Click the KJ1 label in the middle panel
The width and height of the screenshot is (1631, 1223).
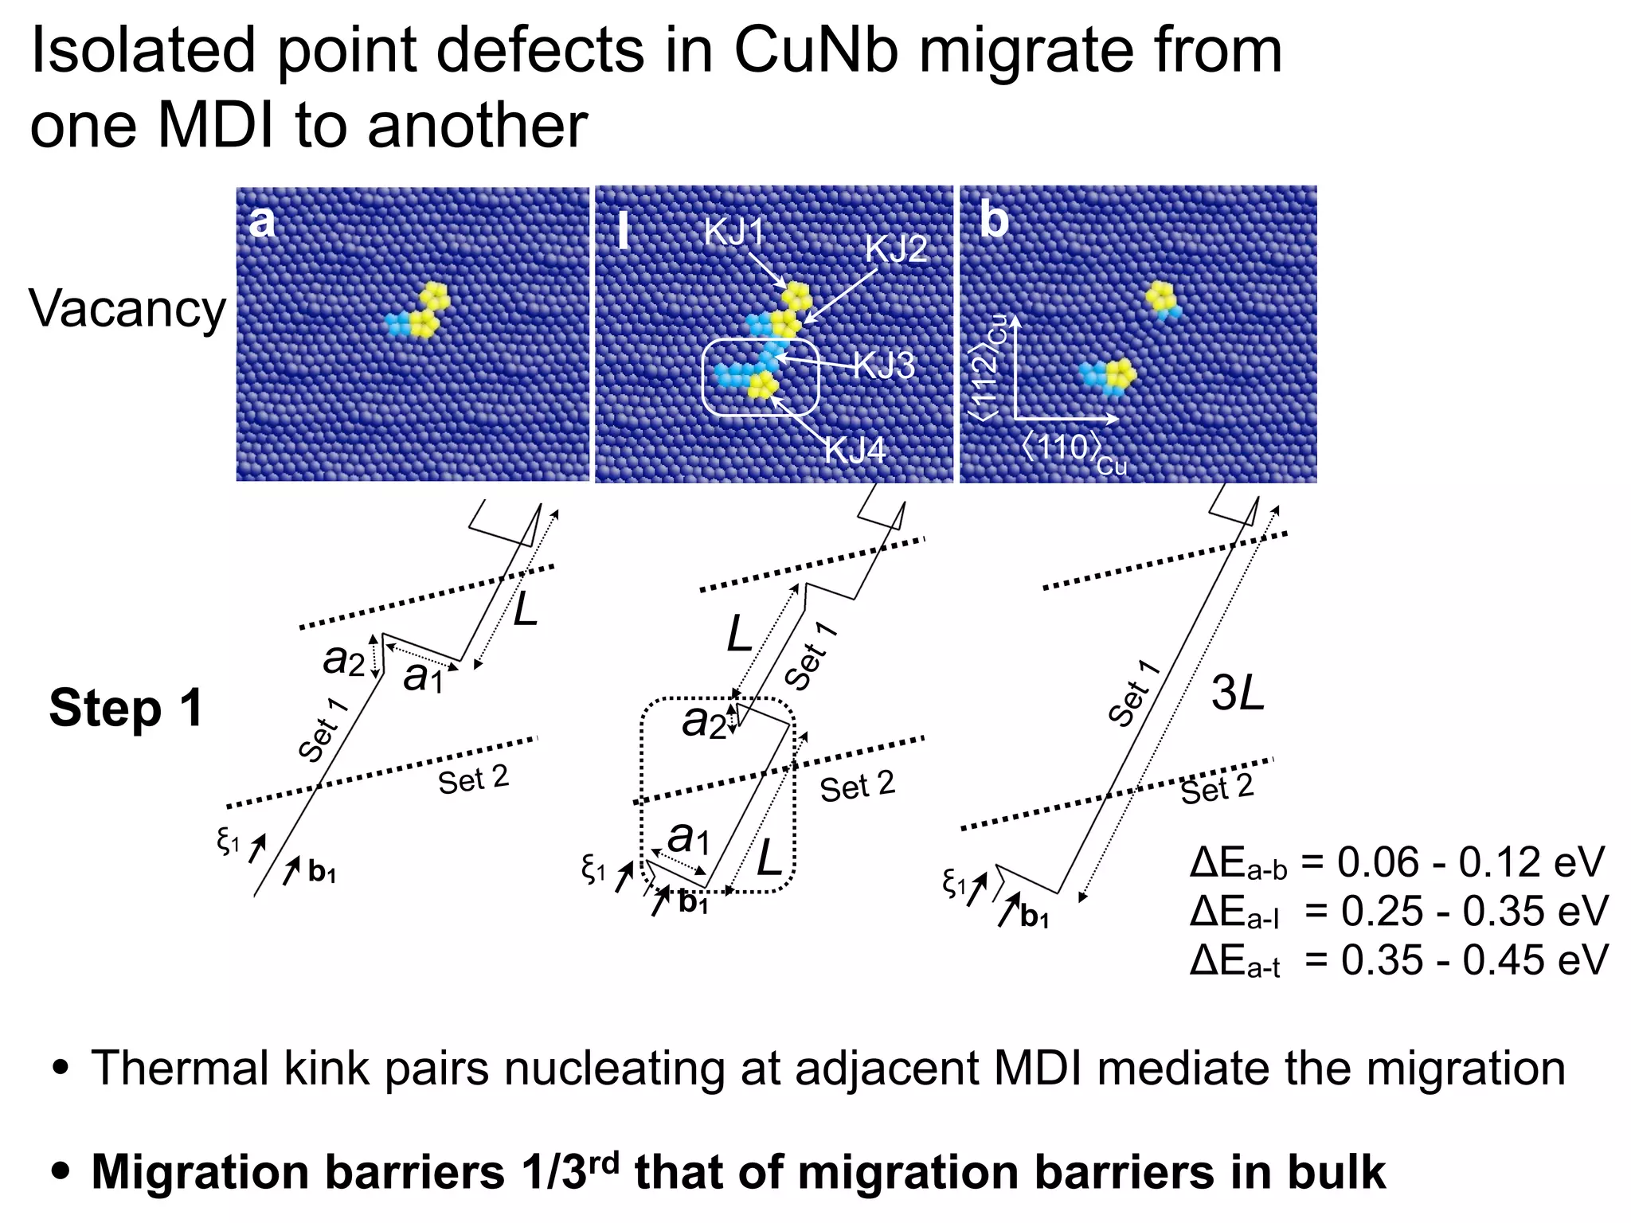[733, 232]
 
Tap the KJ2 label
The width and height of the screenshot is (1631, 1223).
[896, 249]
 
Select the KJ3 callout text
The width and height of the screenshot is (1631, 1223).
[884, 366]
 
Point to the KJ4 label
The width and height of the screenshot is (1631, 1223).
[855, 450]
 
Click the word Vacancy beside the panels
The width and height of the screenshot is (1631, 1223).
[127, 309]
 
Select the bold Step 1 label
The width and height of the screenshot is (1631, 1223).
[126, 708]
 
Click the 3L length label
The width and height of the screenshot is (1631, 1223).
[1237, 693]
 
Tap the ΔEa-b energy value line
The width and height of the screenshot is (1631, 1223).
[1397, 863]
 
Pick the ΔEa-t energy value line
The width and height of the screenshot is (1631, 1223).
[1398, 961]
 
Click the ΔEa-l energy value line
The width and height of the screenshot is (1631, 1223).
[1398, 912]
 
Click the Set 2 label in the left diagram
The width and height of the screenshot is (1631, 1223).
[473, 780]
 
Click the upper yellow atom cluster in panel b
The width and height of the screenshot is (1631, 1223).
[1163, 298]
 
